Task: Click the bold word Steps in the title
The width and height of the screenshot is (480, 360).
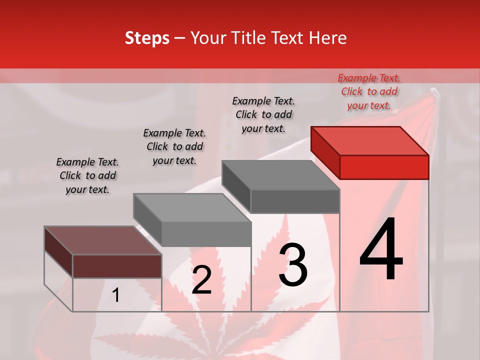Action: point(147,38)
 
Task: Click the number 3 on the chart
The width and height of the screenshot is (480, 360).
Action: point(293,264)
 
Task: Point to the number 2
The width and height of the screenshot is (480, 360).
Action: point(201,280)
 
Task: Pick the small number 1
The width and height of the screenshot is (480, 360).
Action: point(116,295)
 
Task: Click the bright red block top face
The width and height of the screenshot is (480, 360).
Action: point(370,140)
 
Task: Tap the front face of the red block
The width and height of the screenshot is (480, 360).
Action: point(384,167)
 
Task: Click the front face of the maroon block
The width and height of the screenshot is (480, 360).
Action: point(117,266)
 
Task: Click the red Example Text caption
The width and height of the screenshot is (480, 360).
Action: point(369,91)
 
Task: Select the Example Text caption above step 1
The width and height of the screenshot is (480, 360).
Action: point(87,175)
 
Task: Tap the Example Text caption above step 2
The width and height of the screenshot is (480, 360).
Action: point(174,146)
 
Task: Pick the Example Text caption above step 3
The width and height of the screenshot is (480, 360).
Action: point(263,114)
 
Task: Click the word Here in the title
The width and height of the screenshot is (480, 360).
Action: point(328,38)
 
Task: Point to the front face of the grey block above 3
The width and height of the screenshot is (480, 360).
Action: point(295,201)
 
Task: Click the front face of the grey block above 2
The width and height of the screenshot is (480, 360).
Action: point(206,234)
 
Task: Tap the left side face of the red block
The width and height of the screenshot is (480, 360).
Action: point(325,152)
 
